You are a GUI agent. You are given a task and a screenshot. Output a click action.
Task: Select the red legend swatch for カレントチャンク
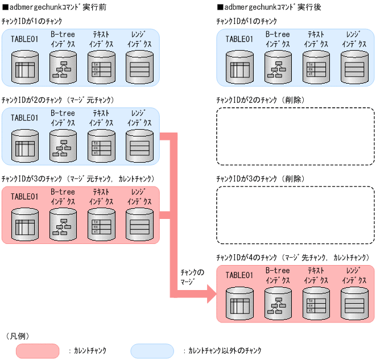click(38, 351)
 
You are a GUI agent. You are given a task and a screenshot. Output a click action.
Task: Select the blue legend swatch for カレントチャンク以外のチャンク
click(152, 351)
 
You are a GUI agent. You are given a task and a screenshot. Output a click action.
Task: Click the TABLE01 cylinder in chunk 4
click(239, 302)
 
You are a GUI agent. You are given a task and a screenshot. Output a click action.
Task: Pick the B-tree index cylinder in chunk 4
click(277, 302)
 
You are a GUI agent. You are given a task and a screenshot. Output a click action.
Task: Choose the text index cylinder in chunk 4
click(315, 302)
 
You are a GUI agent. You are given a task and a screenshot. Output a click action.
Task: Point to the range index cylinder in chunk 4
click(354, 302)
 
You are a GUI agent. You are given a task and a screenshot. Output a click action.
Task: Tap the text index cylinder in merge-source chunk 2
click(101, 145)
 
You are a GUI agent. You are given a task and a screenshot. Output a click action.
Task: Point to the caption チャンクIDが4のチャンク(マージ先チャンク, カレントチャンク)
click(293, 258)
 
